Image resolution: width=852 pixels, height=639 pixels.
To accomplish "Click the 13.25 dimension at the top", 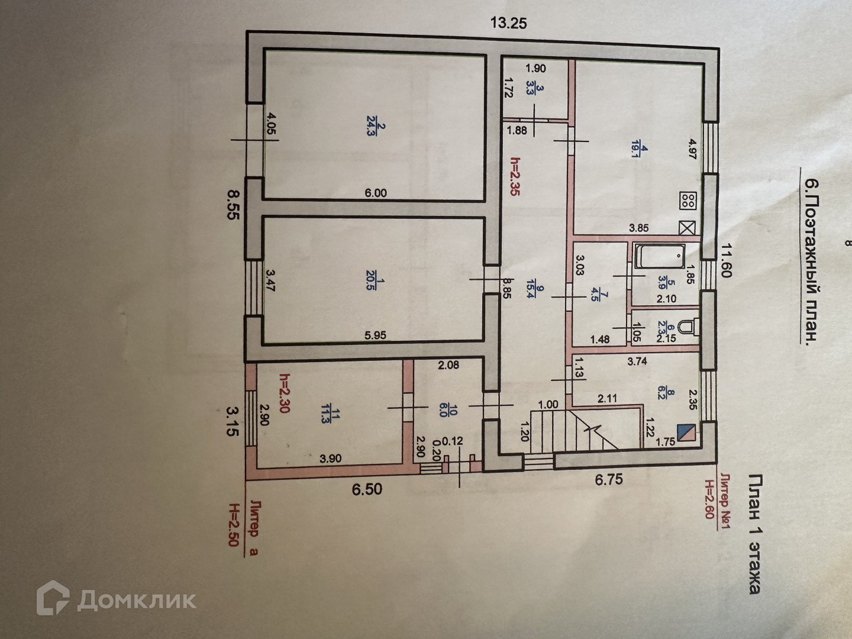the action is (x=508, y=24).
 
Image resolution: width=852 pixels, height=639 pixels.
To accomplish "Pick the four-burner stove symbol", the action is (x=688, y=200).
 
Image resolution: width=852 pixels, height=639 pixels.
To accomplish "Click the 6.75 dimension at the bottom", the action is (x=609, y=479).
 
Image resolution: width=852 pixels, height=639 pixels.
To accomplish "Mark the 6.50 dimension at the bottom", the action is (x=367, y=489).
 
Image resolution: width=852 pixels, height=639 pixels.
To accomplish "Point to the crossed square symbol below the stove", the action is (x=688, y=228).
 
